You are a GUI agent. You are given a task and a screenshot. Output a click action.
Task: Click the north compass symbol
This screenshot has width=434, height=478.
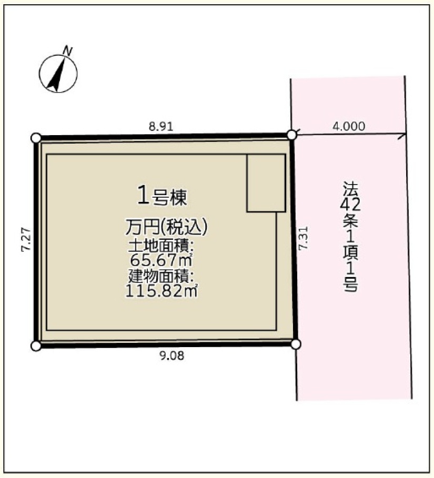[58, 73]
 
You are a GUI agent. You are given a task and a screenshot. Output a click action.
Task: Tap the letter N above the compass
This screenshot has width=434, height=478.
[67, 50]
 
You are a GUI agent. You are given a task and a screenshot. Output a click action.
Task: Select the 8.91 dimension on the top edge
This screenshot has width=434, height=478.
[161, 127]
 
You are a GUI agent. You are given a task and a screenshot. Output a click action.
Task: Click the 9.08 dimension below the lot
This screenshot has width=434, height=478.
[172, 355]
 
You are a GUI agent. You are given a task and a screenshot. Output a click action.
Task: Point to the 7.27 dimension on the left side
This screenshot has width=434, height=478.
[26, 239]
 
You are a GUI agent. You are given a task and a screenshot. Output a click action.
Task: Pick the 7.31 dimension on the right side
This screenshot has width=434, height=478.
[303, 238]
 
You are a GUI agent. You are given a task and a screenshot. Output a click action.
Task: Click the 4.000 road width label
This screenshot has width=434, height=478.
[349, 126]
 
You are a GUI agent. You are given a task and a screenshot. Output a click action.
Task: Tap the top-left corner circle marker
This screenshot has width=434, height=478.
[36, 138]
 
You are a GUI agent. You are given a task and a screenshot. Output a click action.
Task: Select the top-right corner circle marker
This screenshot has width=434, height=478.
[292, 135]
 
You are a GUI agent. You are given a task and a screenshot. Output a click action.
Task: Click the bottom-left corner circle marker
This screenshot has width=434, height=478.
[36, 346]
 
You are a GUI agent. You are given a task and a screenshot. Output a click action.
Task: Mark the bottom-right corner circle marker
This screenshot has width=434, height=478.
[296, 344]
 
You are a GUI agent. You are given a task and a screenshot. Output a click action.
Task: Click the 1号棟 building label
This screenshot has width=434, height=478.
[162, 197]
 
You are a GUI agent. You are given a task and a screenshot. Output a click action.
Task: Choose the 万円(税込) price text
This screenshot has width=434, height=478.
[167, 227]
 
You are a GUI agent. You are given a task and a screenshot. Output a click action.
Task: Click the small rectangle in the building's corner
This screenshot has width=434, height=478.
[266, 183]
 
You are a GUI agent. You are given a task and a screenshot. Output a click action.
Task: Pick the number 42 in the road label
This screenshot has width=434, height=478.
[350, 205]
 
